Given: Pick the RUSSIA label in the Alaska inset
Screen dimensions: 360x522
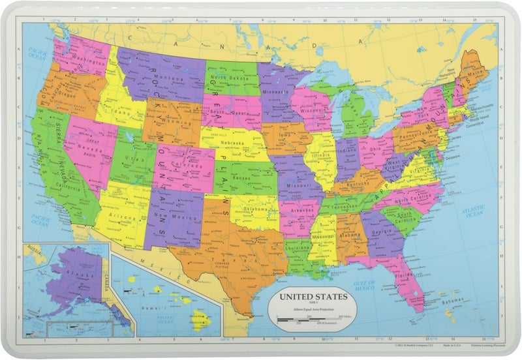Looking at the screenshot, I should (x=31, y=248).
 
